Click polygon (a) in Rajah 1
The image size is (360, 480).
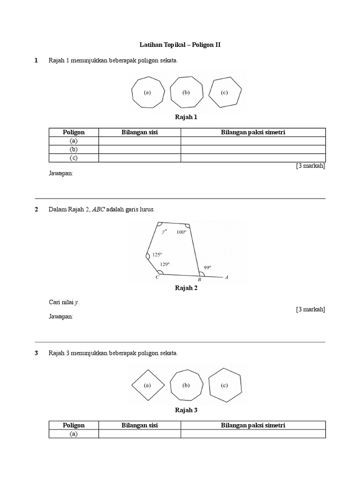(148, 92)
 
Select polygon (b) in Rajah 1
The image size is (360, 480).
(186, 92)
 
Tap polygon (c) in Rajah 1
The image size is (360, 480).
(225, 92)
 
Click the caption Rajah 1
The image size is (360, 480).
(186, 117)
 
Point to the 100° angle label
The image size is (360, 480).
(181, 232)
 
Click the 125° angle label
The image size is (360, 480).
(157, 255)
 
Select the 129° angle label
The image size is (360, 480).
(165, 264)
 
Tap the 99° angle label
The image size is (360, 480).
(207, 267)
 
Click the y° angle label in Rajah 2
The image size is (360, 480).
(164, 231)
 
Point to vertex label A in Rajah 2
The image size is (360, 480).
(226, 277)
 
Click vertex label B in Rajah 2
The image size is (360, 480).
(199, 280)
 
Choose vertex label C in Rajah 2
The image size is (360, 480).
(157, 277)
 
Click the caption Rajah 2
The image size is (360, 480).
(186, 288)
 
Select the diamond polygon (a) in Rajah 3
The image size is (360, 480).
(148, 385)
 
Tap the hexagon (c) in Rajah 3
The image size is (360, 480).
(225, 385)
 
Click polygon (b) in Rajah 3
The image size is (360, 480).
(186, 385)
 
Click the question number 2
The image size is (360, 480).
(37, 209)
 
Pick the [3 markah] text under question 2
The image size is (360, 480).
(310, 309)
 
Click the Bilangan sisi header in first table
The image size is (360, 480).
(140, 132)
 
